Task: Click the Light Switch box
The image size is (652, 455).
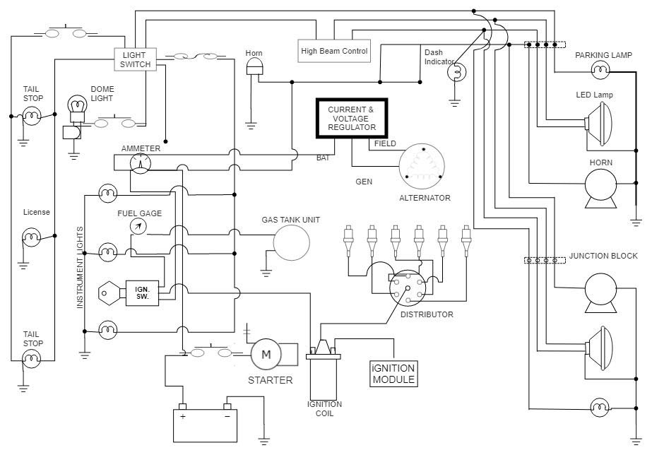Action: pyautogui.click(x=135, y=59)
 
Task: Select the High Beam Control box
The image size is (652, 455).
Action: pyautogui.click(x=334, y=51)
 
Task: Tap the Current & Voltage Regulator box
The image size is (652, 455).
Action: pyautogui.click(x=351, y=119)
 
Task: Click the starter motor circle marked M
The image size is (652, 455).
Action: pyautogui.click(x=266, y=354)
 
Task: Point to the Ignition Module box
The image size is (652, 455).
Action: pyautogui.click(x=393, y=374)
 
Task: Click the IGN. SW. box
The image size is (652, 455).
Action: pyautogui.click(x=142, y=292)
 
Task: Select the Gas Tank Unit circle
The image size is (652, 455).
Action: pyautogui.click(x=292, y=243)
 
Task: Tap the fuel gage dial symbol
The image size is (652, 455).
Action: pyautogui.click(x=138, y=226)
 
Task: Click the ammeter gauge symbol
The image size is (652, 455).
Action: pyautogui.click(x=141, y=163)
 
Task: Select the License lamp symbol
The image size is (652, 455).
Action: pyautogui.click(x=32, y=236)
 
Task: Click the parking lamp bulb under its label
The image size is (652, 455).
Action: pyautogui.click(x=600, y=69)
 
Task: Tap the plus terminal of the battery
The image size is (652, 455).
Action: pyautogui.click(x=182, y=407)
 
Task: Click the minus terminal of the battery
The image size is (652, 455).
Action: pyautogui.click(x=227, y=407)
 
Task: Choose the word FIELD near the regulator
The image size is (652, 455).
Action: pyautogui.click(x=385, y=144)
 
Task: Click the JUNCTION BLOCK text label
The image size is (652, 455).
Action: pyautogui.click(x=603, y=256)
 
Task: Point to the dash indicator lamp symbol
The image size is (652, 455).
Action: pyautogui.click(x=456, y=71)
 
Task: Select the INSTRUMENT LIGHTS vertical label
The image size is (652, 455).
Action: pyautogui.click(x=80, y=267)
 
